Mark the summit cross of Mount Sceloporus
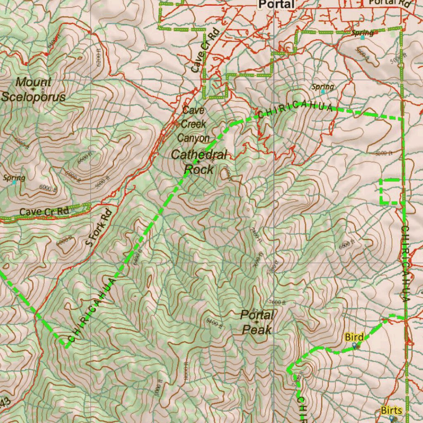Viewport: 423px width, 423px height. (33, 89)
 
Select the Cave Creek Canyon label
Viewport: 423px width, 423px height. (193, 124)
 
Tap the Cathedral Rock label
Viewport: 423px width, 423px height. (199, 162)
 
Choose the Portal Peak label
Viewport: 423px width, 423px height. (257, 322)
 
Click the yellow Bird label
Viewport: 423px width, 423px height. (354, 337)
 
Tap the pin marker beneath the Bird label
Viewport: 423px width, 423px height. (354, 345)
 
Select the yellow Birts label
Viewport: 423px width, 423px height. (391, 410)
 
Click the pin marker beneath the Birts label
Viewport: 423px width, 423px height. (391, 418)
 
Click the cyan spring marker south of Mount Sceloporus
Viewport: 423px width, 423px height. (14, 182)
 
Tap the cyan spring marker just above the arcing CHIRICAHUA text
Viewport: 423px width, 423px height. (323, 92)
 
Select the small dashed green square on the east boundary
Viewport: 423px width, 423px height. (390, 192)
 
